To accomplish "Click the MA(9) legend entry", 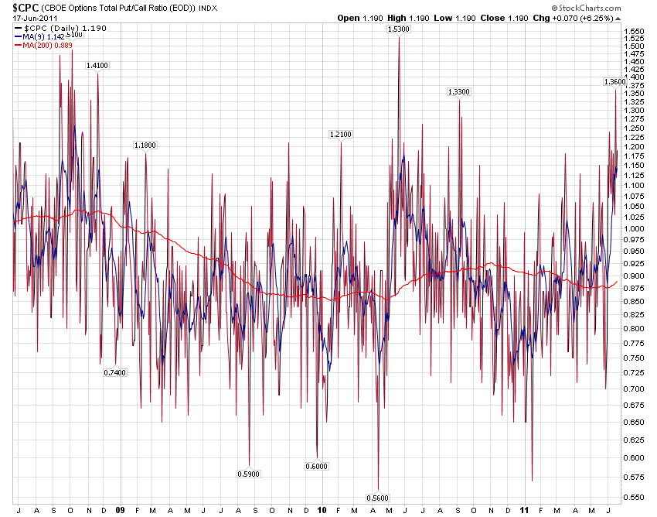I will (x=43, y=36).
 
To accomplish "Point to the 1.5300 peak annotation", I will (x=398, y=29).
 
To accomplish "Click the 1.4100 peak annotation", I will (x=97, y=66).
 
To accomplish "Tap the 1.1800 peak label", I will (x=145, y=146).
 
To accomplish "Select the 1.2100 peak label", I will (x=340, y=135).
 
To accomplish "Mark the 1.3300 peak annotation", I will (x=458, y=92).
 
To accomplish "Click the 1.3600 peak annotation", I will (x=614, y=82).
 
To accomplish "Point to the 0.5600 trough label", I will (x=378, y=498).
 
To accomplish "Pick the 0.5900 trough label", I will (x=249, y=473).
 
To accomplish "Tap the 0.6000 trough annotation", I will (x=317, y=466).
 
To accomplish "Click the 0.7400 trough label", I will (x=115, y=372).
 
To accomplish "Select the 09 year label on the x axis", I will (x=120, y=510).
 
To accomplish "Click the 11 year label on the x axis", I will (x=524, y=510).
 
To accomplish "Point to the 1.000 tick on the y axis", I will (x=634, y=229).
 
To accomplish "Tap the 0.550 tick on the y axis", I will (x=634, y=497).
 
